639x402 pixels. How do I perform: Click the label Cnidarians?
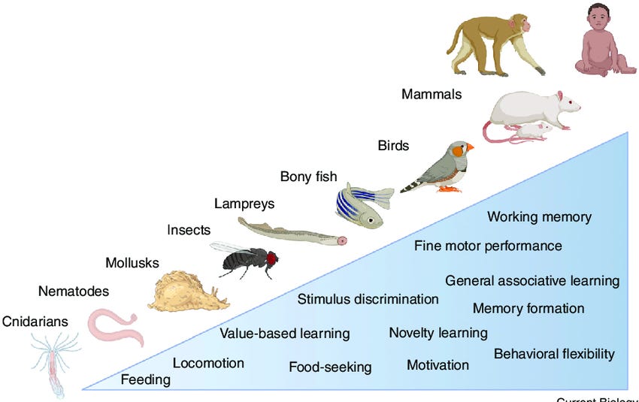tap(35, 322)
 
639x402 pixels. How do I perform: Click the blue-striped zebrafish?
tap(362, 204)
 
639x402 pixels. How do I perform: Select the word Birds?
tap(393, 146)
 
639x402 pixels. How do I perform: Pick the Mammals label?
tap(432, 95)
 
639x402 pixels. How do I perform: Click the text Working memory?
tap(539, 217)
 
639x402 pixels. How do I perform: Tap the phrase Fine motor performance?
tap(488, 246)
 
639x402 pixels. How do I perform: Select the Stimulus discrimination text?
tap(368, 299)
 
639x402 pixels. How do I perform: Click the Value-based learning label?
tap(284, 333)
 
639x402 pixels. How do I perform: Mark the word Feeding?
tap(146, 379)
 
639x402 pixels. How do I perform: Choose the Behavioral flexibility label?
tap(554, 353)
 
